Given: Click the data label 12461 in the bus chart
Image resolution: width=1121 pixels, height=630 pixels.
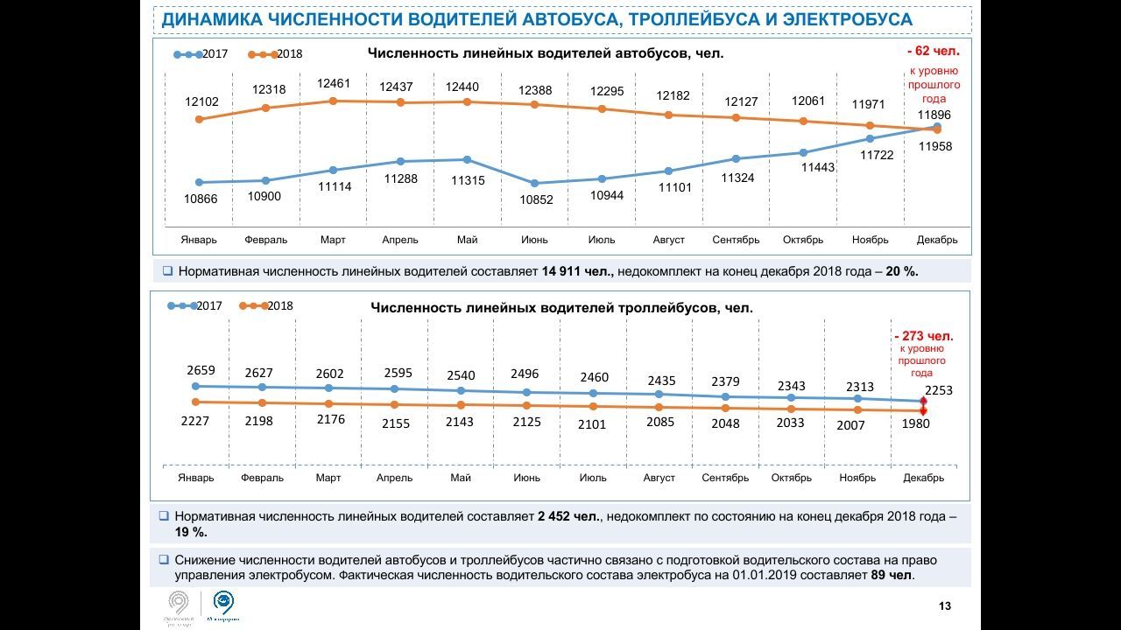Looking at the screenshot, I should [x=334, y=84].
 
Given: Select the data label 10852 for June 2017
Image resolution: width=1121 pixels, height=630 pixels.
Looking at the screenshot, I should [x=535, y=200].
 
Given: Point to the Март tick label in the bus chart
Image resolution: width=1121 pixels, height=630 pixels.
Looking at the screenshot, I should [x=333, y=240].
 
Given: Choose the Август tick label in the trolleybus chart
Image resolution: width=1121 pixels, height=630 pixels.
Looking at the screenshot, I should [x=659, y=478].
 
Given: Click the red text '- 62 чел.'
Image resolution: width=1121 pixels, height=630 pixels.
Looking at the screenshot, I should [x=934, y=52].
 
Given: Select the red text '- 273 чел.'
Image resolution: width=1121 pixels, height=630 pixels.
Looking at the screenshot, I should [x=923, y=336].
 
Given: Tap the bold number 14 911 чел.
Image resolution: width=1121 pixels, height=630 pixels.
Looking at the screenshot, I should [x=577, y=271].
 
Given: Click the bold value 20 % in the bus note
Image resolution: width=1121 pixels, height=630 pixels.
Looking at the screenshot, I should [x=901, y=271].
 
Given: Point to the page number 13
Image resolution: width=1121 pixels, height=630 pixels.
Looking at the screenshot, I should [x=945, y=606].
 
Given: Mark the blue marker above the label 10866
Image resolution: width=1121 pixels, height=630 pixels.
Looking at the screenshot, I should [x=200, y=182].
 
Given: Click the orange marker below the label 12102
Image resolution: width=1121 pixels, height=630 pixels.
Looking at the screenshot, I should [x=200, y=119].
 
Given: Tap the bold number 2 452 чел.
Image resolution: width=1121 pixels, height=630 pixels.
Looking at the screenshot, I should [x=569, y=517].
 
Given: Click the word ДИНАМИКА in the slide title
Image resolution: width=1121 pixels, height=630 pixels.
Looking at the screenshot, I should [x=209, y=20].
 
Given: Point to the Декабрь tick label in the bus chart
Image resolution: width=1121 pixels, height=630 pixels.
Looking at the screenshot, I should [x=936, y=240].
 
